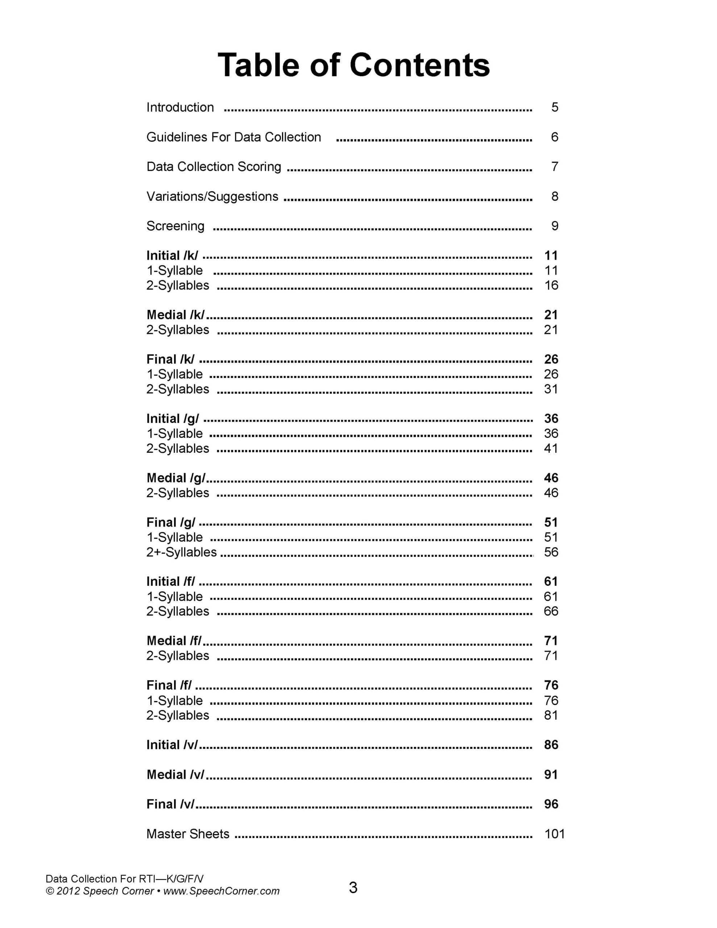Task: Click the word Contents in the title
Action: [x=419, y=66]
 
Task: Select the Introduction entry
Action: [x=180, y=107]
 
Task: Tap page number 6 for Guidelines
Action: [x=554, y=137]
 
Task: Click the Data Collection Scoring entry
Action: [x=214, y=166]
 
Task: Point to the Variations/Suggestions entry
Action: [x=212, y=196]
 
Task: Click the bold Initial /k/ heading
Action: [x=172, y=255]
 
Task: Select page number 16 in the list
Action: [x=551, y=285]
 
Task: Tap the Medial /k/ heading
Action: [x=175, y=315]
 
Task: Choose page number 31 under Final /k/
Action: [x=551, y=389]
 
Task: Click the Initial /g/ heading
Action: [x=172, y=419]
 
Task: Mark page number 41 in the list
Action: [x=551, y=448]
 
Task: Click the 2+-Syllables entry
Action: [x=182, y=552]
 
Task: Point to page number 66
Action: [x=551, y=611]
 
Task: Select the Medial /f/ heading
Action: [x=174, y=641]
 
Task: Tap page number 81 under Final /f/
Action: [x=551, y=715]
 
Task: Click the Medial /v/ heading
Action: [x=175, y=774]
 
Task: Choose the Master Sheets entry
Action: [x=187, y=834]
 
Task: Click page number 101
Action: [x=554, y=834]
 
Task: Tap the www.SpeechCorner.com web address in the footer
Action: [x=221, y=891]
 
